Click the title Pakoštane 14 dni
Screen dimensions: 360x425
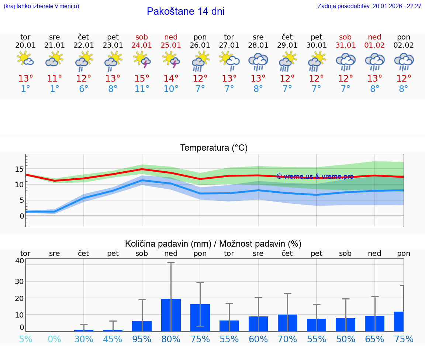(186, 11)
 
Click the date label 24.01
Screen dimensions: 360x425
(142, 45)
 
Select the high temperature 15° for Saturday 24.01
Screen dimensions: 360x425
(142, 79)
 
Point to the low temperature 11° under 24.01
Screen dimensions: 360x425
(142, 89)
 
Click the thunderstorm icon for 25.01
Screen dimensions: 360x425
(171, 60)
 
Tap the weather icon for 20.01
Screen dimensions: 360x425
(25, 59)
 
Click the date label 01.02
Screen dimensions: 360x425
(374, 45)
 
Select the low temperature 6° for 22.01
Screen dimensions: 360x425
(84, 89)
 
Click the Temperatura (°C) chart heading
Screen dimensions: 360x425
(214, 148)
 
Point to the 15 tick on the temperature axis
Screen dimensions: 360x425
(19, 169)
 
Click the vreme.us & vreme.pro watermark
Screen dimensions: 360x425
(315, 176)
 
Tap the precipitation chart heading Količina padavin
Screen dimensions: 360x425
(213, 244)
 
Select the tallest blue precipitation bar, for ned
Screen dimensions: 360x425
(171, 315)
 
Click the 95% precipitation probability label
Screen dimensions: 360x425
(142, 339)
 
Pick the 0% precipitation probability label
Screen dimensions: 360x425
(55, 339)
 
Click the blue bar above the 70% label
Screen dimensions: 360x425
(287, 323)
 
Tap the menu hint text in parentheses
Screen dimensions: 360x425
(41, 6)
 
